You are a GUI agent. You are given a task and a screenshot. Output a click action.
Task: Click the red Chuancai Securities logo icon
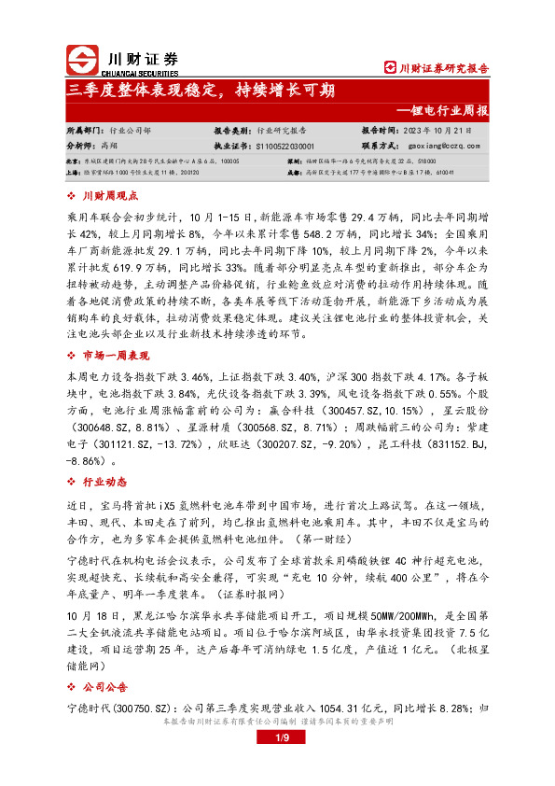(x=81, y=61)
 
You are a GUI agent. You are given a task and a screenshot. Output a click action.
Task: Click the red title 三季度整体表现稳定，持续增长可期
(x=201, y=91)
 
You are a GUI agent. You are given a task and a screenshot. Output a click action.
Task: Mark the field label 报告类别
(x=232, y=132)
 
